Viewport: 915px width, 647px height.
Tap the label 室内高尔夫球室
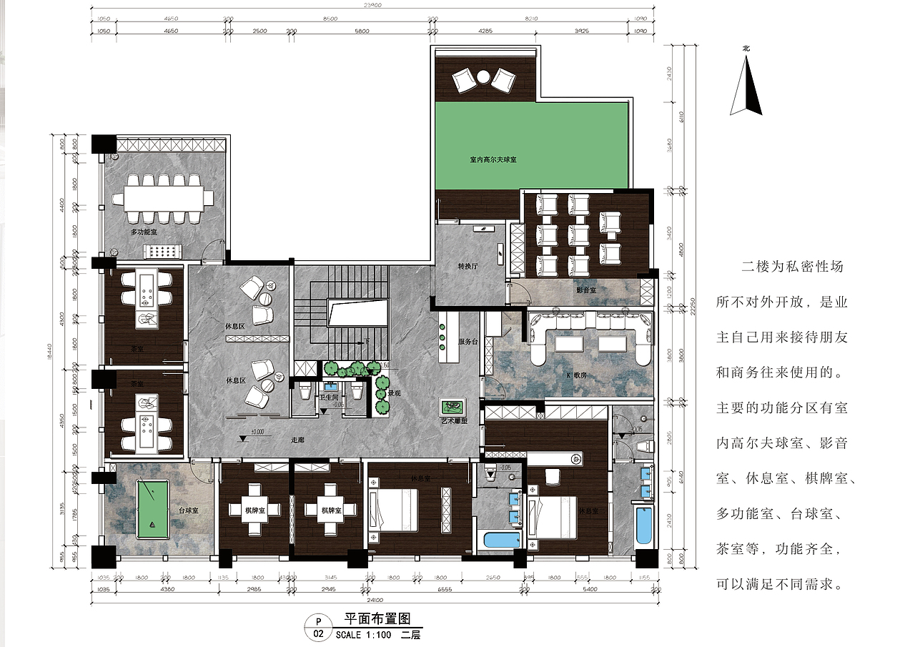click(x=493, y=160)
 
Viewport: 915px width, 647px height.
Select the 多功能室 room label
click(x=144, y=233)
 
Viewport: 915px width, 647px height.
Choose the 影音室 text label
click(x=586, y=290)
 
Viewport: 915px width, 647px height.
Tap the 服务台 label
click(x=468, y=342)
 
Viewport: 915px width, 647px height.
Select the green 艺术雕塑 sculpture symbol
click(x=452, y=408)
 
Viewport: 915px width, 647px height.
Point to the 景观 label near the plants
click(x=394, y=393)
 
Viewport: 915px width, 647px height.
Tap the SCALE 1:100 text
click(x=362, y=634)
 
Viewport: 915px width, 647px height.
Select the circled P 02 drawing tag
click(x=318, y=627)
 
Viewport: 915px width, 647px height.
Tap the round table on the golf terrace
click(x=483, y=76)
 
